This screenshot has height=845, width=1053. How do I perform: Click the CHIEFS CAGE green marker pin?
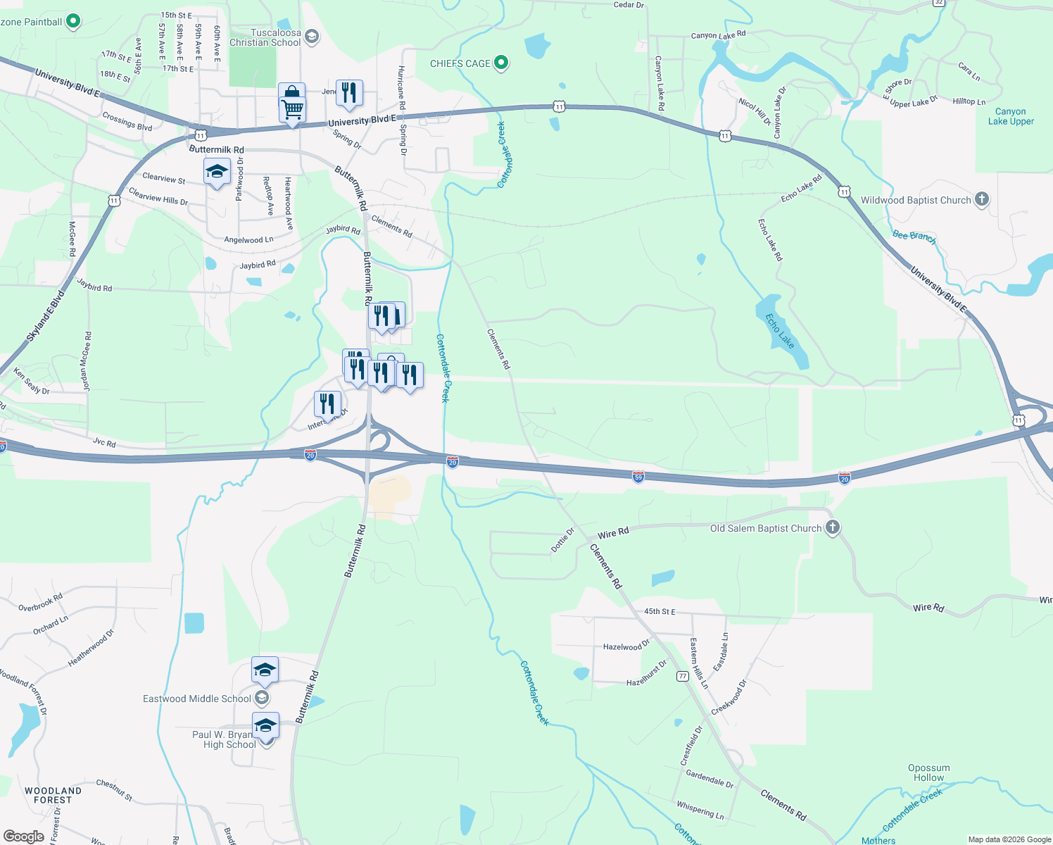[x=500, y=63]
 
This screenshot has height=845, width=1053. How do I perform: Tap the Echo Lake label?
[x=780, y=331]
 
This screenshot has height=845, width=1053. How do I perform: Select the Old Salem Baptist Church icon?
[x=832, y=528]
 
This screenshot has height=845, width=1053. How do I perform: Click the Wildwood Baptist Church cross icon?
[x=982, y=200]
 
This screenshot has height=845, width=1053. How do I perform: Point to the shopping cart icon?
[x=292, y=108]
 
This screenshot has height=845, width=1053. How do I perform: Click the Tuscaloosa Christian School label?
[x=266, y=38]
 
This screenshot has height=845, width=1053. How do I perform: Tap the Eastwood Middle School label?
[x=197, y=699]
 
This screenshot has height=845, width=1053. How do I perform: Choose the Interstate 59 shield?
[x=638, y=477]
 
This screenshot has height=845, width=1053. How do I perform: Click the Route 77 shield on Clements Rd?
[x=682, y=676]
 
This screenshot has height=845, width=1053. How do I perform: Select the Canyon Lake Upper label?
[x=1011, y=116]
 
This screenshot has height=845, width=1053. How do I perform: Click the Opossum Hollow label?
[x=928, y=772]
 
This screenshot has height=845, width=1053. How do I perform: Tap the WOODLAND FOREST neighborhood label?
[x=53, y=795]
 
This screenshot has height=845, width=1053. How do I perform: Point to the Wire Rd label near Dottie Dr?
[x=612, y=534]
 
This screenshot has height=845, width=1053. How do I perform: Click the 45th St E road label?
[x=659, y=611]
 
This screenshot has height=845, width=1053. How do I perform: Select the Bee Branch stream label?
[x=914, y=237]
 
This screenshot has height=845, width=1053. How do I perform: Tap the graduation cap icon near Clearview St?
[x=217, y=172]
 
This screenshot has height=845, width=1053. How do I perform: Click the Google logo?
[x=24, y=837]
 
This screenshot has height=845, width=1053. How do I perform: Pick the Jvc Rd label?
[x=104, y=442]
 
